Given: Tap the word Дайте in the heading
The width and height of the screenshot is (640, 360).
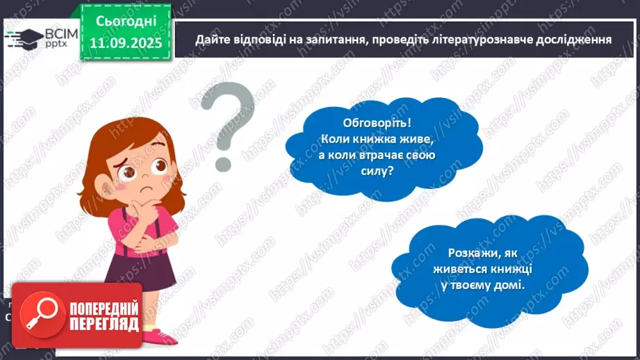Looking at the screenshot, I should [x=211, y=39].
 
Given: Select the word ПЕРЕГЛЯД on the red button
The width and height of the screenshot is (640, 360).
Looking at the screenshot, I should [x=104, y=324].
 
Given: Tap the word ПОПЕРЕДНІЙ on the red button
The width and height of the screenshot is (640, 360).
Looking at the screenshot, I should [x=104, y=307].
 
